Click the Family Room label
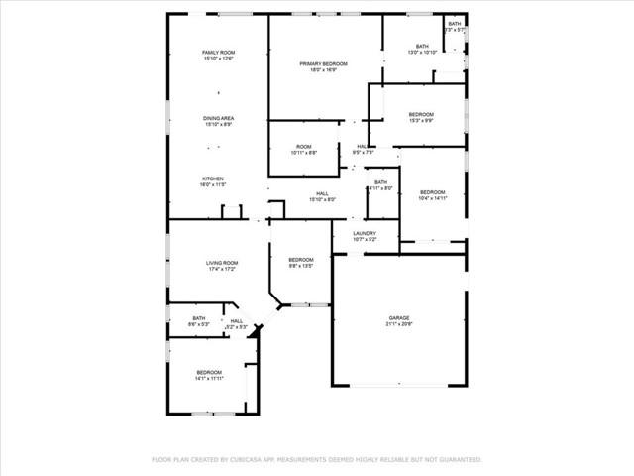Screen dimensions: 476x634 pos(218,52)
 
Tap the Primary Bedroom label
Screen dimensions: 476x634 pos(324,63)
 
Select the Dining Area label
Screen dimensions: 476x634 pos(218,118)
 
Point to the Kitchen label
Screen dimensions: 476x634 pos(213,178)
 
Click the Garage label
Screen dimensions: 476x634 pos(398,318)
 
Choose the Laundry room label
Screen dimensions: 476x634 pos(366,233)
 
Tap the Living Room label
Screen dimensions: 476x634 pos(222,263)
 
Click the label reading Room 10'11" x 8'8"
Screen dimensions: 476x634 pos(304,146)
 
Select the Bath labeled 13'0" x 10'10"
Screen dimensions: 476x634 pos(422,46)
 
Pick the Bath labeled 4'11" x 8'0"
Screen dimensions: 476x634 pos(381,182)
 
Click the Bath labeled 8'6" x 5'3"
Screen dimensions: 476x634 pos(199,318)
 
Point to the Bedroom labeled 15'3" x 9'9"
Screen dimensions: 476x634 pos(421,115)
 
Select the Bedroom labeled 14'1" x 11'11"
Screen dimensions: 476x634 pos(208,372)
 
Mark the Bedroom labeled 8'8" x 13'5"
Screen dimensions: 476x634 pos(301,260)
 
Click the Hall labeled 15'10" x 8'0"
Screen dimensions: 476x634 pos(322,193)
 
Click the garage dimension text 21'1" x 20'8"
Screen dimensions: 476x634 pos(398,324)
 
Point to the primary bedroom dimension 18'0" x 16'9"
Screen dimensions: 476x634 pos(324,70)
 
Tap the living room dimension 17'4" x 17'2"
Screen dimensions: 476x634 pos(222,269)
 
